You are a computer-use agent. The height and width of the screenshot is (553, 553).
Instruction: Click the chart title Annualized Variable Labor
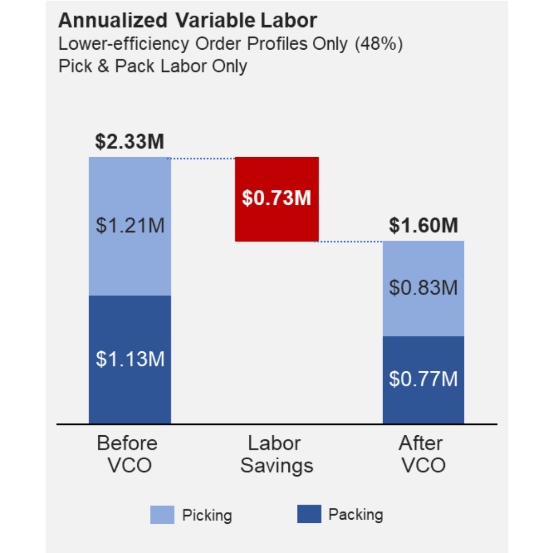(187, 21)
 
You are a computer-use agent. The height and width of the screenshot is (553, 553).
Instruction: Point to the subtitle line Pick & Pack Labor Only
(153, 67)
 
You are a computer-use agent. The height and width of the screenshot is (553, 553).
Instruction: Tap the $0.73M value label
(276, 198)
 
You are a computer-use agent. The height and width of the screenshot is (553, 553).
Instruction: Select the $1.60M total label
(423, 226)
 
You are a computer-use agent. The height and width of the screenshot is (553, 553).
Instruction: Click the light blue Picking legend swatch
(162, 515)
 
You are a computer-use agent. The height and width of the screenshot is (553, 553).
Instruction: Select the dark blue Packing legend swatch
(309, 514)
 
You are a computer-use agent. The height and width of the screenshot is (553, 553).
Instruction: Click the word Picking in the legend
(207, 515)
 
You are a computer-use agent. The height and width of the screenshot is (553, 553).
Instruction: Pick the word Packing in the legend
(355, 515)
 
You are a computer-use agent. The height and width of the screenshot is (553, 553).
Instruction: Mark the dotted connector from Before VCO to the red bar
(203, 159)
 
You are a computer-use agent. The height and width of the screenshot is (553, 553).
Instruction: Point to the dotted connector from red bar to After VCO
(351, 241)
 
